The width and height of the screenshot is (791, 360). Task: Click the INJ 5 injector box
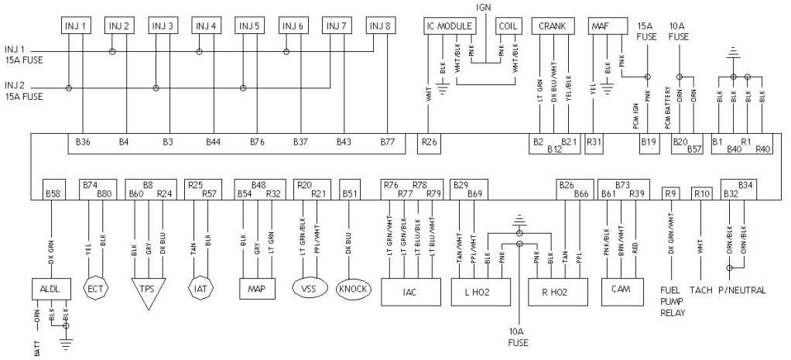point(249,26)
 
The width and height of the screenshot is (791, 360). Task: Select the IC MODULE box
point(449,25)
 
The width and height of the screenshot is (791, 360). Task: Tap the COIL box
point(508,25)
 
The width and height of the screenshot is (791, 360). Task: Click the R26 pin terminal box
point(428,142)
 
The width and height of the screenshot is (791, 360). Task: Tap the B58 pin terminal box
point(53,191)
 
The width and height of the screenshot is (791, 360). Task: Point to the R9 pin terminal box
point(671,193)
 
